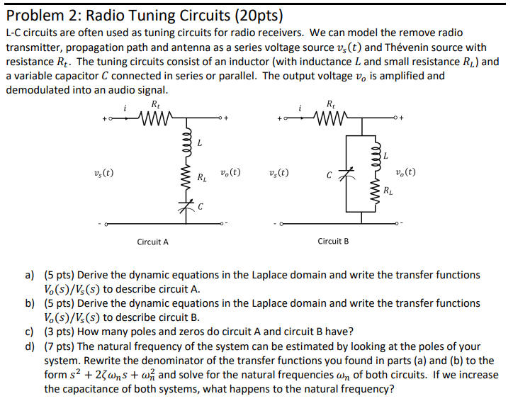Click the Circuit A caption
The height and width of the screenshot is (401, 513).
(152, 242)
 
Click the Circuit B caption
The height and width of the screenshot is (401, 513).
(333, 242)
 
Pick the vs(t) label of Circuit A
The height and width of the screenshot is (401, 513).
(103, 172)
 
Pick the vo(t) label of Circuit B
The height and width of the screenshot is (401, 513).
(405, 171)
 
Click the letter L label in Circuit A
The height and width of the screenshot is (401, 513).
(200, 143)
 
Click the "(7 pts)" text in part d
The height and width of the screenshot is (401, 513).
(60, 346)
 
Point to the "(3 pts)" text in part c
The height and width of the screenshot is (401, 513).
(60, 332)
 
